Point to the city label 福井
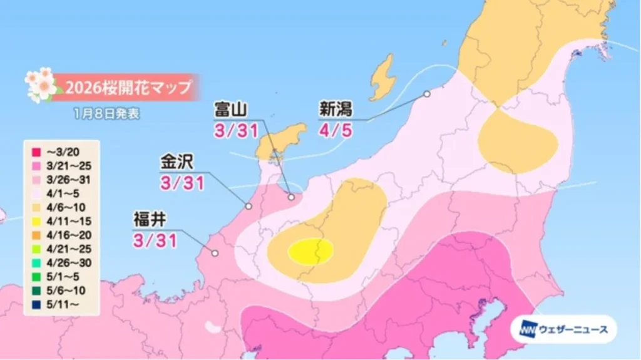[x=150, y=220]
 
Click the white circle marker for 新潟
[x=427, y=94]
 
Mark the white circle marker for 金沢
[x=249, y=206]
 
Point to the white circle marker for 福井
[x=215, y=254]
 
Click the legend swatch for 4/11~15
[x=36, y=221]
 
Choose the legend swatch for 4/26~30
[x=36, y=263]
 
